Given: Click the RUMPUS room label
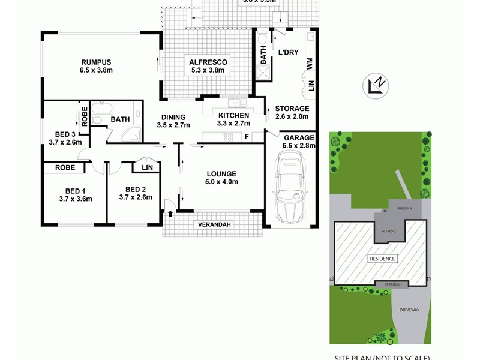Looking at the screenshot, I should point(96,62).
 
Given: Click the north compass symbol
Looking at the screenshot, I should point(376,86).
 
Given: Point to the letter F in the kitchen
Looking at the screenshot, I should point(247,137).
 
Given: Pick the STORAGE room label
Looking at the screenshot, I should point(292,109).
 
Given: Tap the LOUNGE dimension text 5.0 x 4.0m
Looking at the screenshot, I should point(222,182).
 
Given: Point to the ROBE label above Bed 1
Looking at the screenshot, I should point(65,168).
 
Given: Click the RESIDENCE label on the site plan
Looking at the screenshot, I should point(382,259).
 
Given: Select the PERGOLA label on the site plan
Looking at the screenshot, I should point(398,209).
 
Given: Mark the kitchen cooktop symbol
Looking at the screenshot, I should point(228,137).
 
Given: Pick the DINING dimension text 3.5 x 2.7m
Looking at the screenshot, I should point(173,125).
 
